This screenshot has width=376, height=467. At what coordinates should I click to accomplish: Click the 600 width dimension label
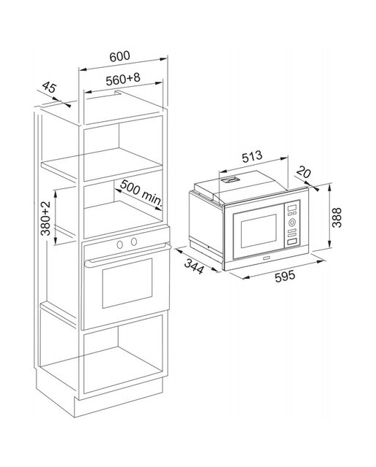click(120, 56)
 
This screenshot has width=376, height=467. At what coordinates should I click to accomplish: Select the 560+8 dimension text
click(123, 80)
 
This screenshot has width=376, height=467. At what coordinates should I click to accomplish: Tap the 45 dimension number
click(49, 87)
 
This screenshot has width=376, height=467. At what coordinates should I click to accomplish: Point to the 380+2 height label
click(45, 218)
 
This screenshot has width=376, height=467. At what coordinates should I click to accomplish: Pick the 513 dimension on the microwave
click(252, 157)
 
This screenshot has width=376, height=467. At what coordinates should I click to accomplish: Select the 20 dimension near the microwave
click(304, 172)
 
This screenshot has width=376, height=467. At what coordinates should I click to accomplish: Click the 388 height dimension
click(337, 217)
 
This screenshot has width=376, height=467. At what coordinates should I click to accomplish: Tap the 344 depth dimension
click(195, 266)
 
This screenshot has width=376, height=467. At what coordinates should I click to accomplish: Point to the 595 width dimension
click(285, 276)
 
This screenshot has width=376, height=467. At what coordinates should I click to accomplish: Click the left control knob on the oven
click(120, 244)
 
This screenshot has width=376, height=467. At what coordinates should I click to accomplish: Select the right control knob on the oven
click(134, 242)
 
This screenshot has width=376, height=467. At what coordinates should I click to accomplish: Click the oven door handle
click(128, 256)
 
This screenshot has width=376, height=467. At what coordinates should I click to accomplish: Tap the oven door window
click(127, 283)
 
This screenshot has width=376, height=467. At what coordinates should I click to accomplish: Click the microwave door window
click(259, 231)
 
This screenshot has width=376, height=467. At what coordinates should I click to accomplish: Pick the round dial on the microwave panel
click(291, 222)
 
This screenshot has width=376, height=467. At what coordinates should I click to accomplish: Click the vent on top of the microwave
click(230, 180)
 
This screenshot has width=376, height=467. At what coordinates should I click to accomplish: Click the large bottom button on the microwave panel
click(291, 242)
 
